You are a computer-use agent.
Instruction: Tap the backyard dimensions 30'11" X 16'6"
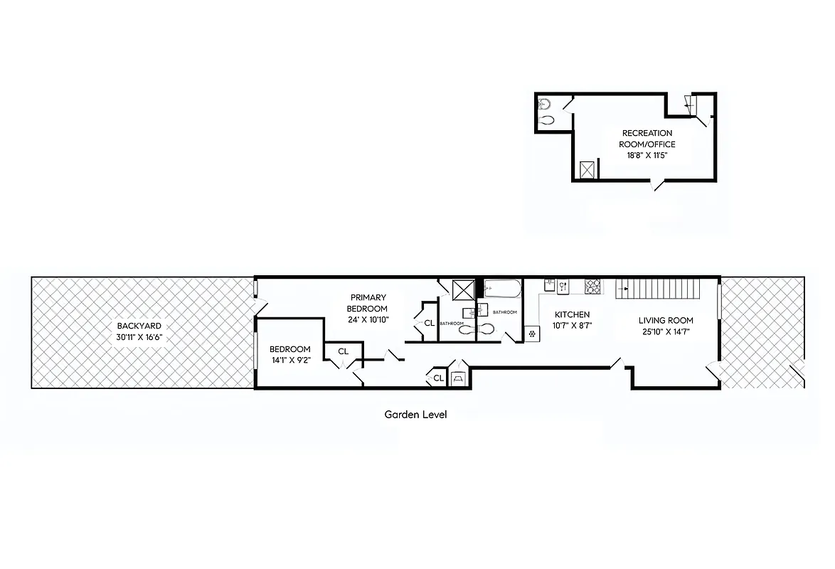(140, 337)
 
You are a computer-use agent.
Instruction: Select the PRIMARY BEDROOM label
(367, 303)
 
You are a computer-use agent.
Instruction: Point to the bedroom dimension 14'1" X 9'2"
(289, 361)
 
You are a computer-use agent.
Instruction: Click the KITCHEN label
(572, 314)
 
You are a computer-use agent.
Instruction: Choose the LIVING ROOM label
(665, 320)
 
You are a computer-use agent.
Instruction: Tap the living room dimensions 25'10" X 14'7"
(665, 331)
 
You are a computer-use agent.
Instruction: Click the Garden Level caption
(415, 415)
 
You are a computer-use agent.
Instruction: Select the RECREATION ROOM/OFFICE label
(647, 139)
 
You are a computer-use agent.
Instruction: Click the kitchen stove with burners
(592, 287)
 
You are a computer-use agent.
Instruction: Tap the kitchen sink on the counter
(562, 287)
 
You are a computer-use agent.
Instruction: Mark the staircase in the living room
(661, 289)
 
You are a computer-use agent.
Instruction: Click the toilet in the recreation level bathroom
(546, 120)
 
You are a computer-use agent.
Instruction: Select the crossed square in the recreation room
(587, 170)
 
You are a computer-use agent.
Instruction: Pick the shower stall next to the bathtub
(464, 289)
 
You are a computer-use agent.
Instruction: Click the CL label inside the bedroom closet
(344, 351)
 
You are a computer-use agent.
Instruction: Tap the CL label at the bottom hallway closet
(439, 378)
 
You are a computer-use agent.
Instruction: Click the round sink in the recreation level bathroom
(544, 102)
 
